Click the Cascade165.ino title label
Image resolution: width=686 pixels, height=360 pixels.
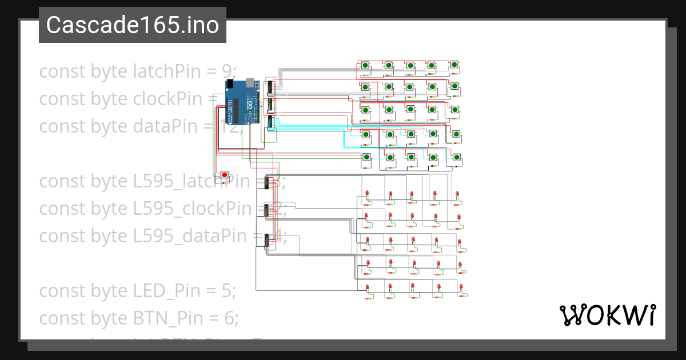point(132,25)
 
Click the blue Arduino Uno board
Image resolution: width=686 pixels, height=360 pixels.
point(243,103)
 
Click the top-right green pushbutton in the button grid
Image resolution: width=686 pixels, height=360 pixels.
point(454,65)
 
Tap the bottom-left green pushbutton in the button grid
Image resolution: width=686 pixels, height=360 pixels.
point(366,157)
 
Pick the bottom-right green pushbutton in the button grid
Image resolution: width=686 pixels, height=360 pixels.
point(457,157)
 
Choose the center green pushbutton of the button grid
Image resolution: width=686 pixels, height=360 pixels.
point(410,110)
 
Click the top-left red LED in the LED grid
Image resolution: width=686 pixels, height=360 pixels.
point(367,195)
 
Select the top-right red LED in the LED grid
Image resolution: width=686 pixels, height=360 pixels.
point(457,195)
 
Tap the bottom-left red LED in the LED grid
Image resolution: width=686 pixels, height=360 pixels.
point(367,287)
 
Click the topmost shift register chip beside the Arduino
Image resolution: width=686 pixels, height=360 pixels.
point(270,87)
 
